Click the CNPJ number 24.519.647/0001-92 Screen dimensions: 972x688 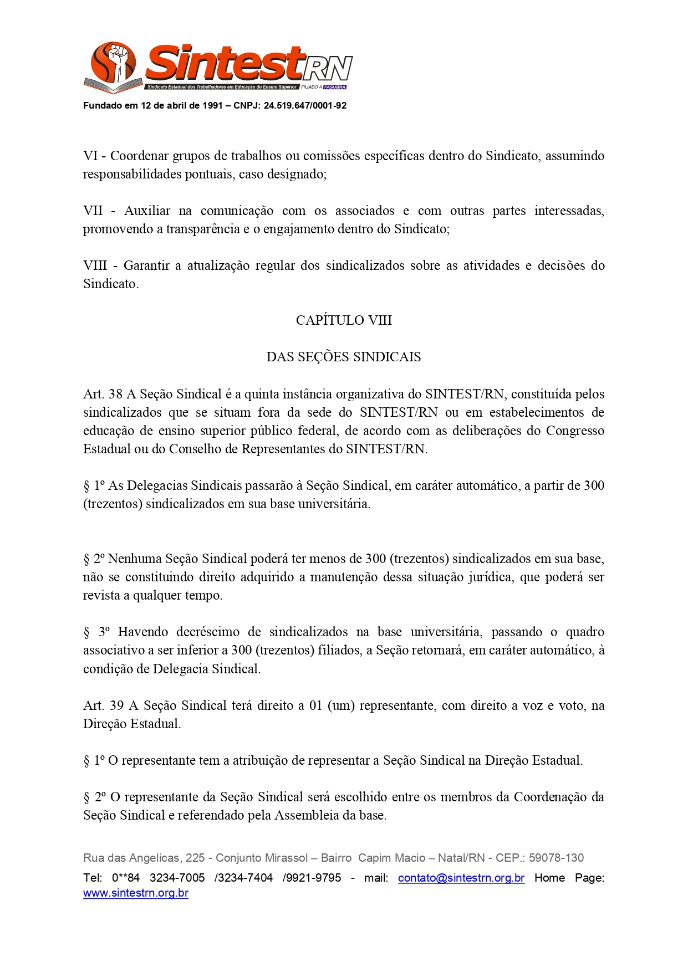pyautogui.click(x=305, y=106)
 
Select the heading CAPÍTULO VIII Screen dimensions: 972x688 pyautogui.click(x=344, y=320)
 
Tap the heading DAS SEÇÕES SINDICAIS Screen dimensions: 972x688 pyautogui.click(x=344, y=357)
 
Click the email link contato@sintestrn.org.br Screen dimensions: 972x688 pyautogui.click(x=461, y=878)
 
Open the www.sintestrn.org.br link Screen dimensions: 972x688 pyautogui.click(x=136, y=893)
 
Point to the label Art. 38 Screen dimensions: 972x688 pyautogui.click(x=103, y=394)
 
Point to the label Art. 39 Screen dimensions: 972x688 pyautogui.click(x=103, y=705)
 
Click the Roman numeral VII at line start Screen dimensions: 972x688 pyautogui.click(x=93, y=211)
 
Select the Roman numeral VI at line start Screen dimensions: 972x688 pyautogui.click(x=90, y=156)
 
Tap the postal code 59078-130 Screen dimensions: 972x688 pyautogui.click(x=556, y=858)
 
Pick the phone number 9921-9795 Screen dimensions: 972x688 pyautogui.click(x=314, y=878)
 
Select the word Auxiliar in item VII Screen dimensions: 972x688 pyautogui.click(x=147, y=211)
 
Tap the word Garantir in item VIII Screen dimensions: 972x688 pyautogui.click(x=146, y=265)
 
